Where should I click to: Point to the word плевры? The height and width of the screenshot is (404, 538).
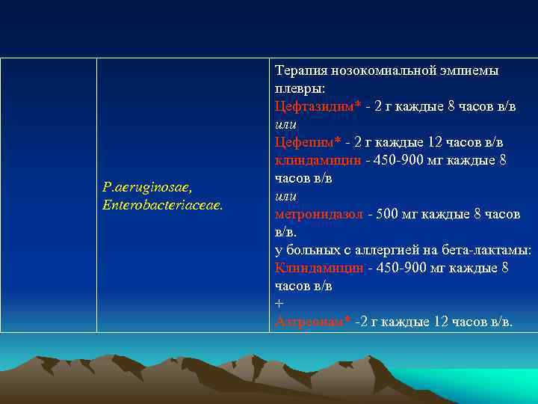[x=295, y=88]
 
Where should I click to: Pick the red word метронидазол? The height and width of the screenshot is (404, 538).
[x=319, y=214]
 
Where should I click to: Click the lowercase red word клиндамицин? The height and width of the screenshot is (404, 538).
[x=318, y=160]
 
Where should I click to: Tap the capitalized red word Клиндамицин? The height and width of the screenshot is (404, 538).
[x=319, y=268]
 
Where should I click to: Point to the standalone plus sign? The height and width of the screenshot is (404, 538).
[x=279, y=304]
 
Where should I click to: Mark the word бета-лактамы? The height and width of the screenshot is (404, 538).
[x=492, y=250]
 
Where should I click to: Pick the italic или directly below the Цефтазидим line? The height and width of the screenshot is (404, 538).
[x=286, y=124]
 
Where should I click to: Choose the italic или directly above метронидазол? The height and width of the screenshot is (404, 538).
[x=286, y=196]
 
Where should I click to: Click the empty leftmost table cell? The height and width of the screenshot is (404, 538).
[x=49, y=195]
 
